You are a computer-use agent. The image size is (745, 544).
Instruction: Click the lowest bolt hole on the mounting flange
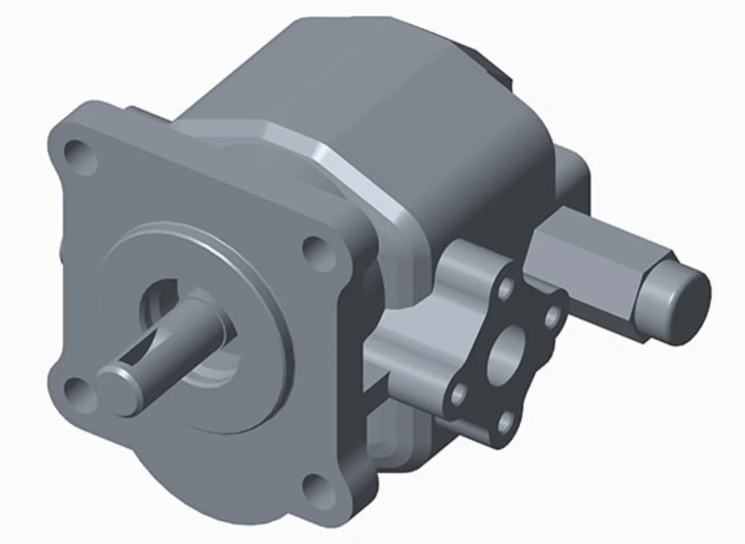point(317,487)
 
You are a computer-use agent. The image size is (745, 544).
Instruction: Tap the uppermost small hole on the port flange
point(507,287)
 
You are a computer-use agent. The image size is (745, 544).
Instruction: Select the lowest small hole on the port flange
point(504,419)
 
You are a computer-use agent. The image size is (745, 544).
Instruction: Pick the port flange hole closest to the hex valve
point(552,317)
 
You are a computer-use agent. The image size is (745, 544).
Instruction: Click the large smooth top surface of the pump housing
point(371,86)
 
